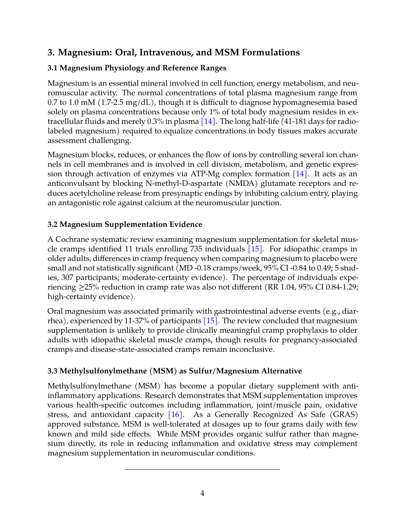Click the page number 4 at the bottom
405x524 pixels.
tap(202, 493)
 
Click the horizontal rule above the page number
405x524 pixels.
tap(202, 469)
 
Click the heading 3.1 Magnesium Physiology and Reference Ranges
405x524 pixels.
tap(137, 68)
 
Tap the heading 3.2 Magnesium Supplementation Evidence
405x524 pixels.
tap(125, 224)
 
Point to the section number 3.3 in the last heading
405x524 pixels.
tap(52, 371)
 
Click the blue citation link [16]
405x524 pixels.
tap(175, 414)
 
